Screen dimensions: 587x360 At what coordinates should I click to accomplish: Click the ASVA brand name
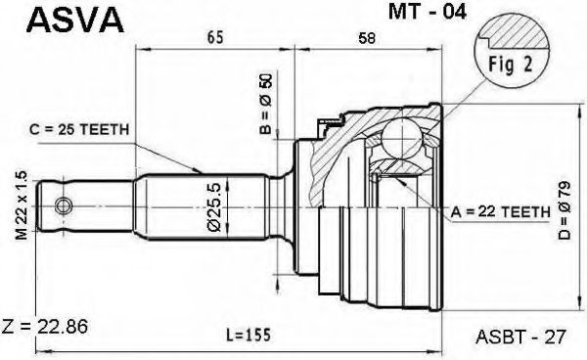coord(75,21)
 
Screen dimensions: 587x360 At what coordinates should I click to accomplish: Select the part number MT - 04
coord(428,12)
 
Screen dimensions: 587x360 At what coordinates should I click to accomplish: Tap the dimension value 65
coord(214,37)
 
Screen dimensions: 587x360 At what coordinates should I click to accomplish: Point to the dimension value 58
coord(366,38)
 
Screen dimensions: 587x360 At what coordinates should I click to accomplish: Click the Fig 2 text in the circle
coord(510,65)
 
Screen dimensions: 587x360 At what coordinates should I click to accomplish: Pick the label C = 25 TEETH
coord(79,129)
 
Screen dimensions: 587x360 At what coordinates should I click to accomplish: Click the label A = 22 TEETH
coord(501,212)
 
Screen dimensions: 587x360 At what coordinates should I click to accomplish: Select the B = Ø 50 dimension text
coord(266,104)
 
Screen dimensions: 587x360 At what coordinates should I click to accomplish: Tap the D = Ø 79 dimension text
coord(564,210)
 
